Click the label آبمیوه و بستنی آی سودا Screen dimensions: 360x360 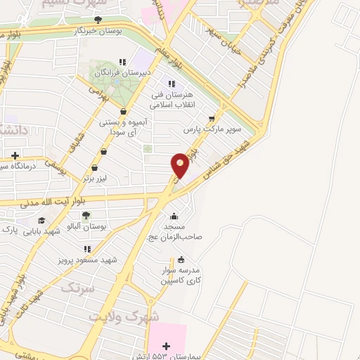[x=122, y=127]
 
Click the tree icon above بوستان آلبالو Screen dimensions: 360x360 [x=86, y=216]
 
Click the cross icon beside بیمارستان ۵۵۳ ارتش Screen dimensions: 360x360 [x=166, y=346]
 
